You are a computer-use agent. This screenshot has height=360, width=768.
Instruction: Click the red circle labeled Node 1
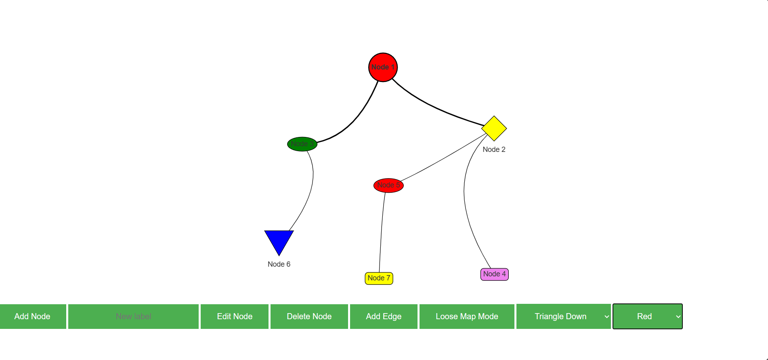click(383, 67)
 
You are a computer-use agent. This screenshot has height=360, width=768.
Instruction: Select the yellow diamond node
click(494, 128)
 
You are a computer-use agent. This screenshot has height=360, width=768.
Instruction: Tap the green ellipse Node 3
click(302, 144)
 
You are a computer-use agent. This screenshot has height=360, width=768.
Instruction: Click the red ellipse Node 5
click(388, 185)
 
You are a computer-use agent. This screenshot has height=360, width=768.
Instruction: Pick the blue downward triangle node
click(279, 240)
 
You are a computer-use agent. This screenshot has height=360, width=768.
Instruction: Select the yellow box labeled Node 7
click(379, 278)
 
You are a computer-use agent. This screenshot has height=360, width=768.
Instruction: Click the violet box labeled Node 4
click(494, 274)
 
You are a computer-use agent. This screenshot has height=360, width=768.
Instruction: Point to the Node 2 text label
click(494, 149)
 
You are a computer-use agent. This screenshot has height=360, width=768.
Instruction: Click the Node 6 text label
click(279, 264)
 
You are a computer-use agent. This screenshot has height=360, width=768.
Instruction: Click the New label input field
click(133, 316)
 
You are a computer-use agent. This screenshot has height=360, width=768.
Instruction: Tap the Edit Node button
click(235, 316)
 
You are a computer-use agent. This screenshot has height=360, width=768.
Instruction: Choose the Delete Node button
click(309, 316)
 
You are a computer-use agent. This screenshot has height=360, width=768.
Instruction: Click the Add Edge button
click(384, 316)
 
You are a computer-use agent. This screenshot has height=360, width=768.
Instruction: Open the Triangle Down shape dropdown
click(563, 316)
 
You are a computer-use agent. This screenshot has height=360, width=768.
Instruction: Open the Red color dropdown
click(647, 316)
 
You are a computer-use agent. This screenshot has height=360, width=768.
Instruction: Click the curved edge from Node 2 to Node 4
click(465, 202)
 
